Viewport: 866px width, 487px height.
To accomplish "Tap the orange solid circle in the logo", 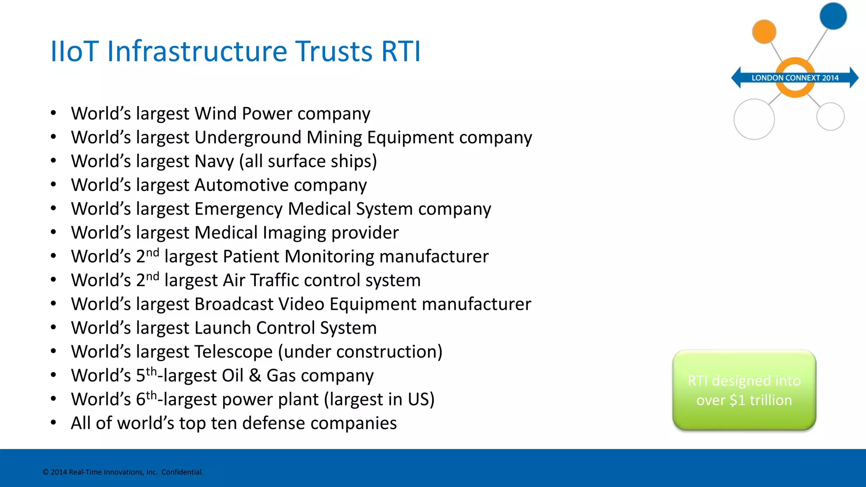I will click(764, 32).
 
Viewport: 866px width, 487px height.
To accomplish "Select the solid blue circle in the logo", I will click(833, 16).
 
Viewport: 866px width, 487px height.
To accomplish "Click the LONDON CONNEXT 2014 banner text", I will click(795, 78).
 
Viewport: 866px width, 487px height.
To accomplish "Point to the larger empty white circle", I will click(754, 119).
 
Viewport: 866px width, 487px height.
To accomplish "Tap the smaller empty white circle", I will click(830, 116).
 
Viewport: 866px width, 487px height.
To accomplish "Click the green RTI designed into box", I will click(744, 390).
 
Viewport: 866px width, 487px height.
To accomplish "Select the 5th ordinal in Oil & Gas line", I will click(146, 375).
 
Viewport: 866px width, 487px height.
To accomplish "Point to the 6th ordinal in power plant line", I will click(146, 398).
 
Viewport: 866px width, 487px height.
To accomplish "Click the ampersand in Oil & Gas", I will click(255, 375).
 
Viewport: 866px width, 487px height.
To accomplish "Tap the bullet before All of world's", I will click(53, 423).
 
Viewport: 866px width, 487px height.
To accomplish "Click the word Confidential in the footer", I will click(182, 472).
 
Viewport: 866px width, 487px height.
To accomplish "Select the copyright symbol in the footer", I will click(46, 472).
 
